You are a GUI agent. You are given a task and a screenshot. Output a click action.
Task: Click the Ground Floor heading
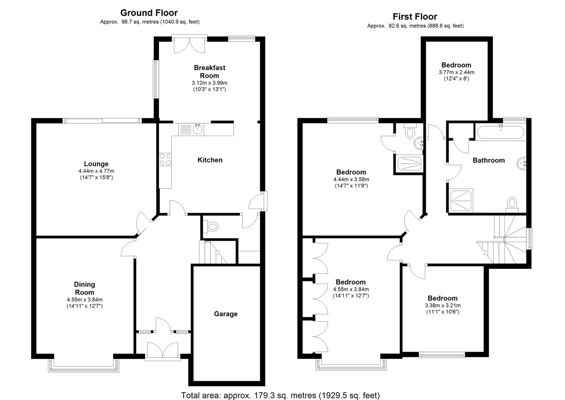pos(149,13)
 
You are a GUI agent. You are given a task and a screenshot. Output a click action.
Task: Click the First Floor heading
pos(415,17)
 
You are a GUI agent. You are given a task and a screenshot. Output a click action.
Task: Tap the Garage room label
pos(226,314)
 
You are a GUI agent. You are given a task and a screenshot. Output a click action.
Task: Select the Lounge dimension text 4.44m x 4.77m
pos(96,171)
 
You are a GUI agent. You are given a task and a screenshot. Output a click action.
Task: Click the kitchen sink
pos(197,129)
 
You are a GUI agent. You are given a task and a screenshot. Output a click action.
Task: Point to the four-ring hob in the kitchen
pos(165,160)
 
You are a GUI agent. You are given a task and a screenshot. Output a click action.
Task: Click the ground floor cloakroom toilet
pos(211,226)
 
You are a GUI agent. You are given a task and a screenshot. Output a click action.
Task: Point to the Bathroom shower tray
pos(461,200)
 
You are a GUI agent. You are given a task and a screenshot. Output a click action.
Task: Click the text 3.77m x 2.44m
pos(456,72)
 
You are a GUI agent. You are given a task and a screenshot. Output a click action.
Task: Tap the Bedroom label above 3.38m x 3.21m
pos(442,298)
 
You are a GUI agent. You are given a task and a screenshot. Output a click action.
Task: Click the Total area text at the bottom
pos(280,395)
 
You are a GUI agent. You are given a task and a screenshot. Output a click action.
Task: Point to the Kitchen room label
pos(210,160)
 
